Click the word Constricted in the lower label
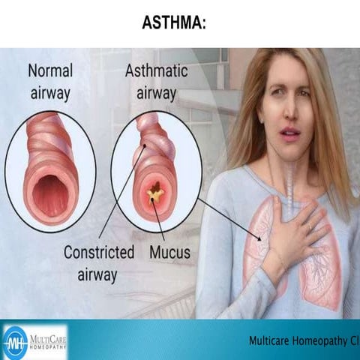pyautogui.click(x=98, y=252)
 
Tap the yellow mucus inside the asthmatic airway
pyautogui.click(x=155, y=195)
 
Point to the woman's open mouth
pyautogui.click(x=290, y=133)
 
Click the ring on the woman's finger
pyautogui.click(x=309, y=225)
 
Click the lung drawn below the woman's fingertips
pyautogui.click(x=322, y=270)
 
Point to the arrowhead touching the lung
pyautogui.click(x=259, y=238)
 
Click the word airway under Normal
pyautogui.click(x=49, y=94)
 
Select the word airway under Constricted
pyautogui.click(x=97, y=275)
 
